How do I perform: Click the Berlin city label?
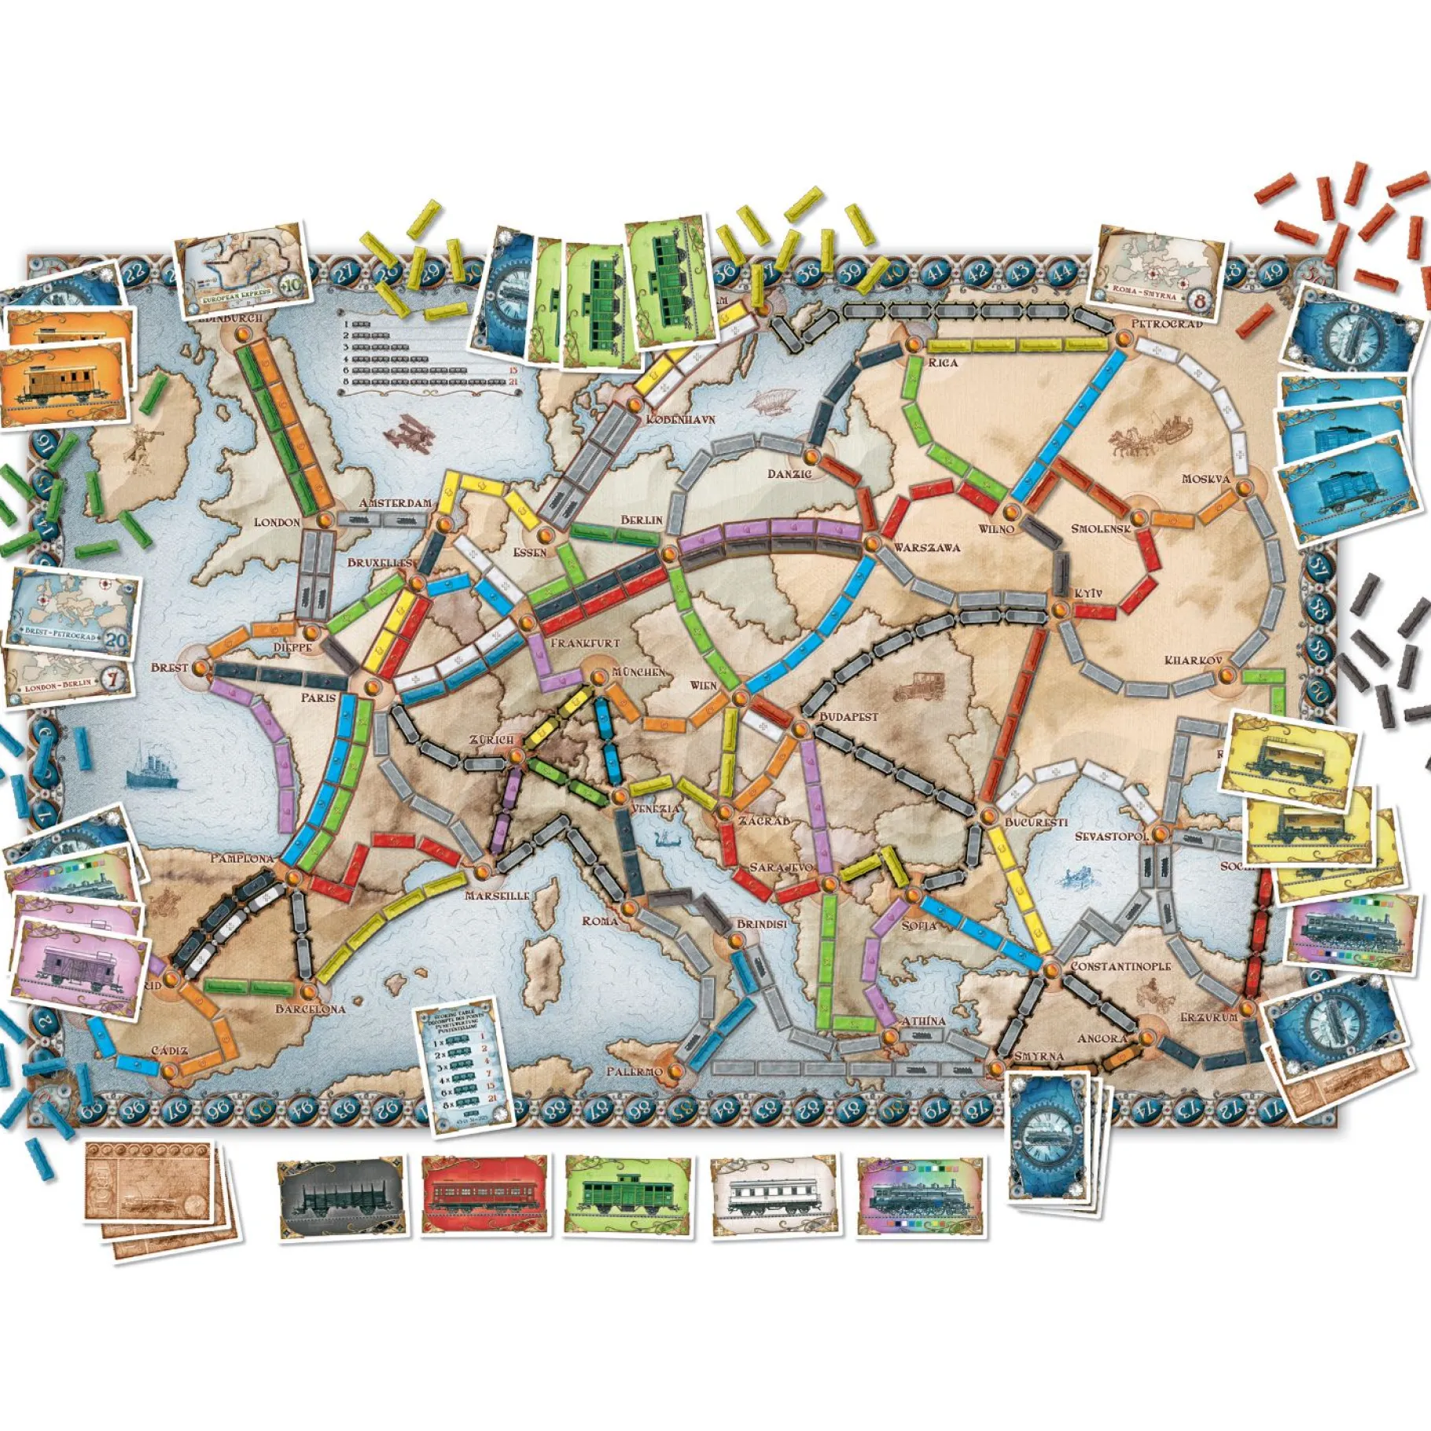pyautogui.click(x=642, y=520)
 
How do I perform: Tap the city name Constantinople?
pyautogui.click(x=1120, y=966)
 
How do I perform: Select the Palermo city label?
pyautogui.click(x=635, y=1071)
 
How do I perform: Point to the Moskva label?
pyautogui.click(x=1205, y=479)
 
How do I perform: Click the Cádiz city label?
pyautogui.click(x=169, y=1050)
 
